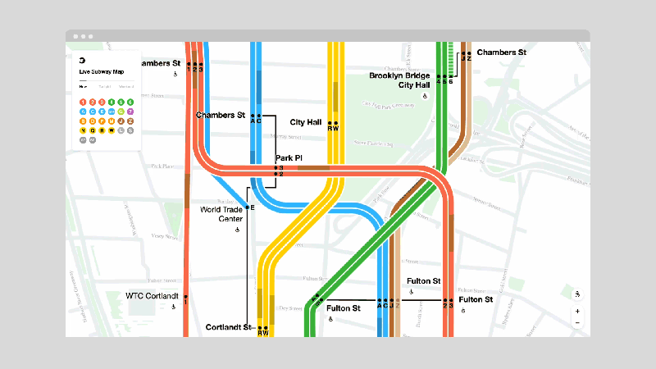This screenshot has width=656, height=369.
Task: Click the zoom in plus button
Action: [577, 311]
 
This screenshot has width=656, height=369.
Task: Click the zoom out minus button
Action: [577, 323]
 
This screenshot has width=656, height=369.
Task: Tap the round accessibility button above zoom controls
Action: [577, 294]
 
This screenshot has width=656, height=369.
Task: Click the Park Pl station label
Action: [289, 157]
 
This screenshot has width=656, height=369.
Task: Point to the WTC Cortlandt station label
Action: [151, 296]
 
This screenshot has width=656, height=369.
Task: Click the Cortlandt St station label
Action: [228, 327]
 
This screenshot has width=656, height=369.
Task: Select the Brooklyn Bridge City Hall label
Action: [400, 80]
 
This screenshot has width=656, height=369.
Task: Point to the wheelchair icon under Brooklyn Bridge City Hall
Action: [425, 96]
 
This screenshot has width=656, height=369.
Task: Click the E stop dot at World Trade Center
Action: [247, 207]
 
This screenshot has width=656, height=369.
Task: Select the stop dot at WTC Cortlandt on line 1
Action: [186, 297]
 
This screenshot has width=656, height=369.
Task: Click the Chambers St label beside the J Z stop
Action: [501, 52]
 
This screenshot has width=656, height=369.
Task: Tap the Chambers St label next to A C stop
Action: [221, 116]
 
